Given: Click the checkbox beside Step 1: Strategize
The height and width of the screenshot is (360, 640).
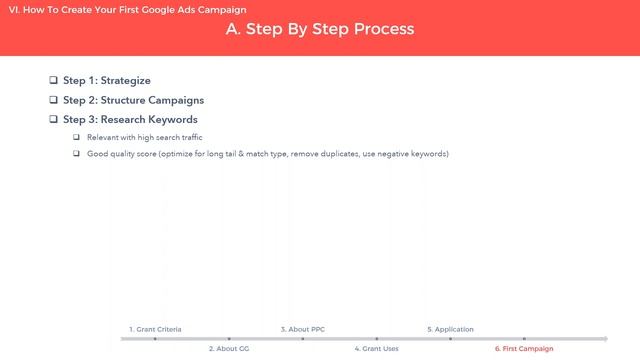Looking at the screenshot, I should pos(54,80).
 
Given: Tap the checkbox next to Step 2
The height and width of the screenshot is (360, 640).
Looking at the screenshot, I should pos(54,100).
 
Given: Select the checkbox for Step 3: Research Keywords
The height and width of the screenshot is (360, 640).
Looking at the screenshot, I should pos(54,120).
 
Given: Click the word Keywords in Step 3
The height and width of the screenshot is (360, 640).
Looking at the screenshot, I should pos(169,120).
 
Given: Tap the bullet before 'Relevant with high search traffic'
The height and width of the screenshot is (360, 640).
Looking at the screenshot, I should pos(76,137).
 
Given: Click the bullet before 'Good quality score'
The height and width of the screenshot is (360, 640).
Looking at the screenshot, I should pos(76,154).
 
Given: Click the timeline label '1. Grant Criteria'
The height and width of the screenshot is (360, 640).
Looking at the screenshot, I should pos(155,329).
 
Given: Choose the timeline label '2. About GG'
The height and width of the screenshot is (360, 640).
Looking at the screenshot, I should pos(229,349).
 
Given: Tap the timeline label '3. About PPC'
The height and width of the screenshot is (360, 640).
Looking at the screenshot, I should pos(302,329).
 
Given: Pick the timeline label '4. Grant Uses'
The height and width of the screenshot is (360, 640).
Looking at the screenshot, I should pos(377,349).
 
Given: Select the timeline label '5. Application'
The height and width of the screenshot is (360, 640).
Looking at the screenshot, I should pos(450,329).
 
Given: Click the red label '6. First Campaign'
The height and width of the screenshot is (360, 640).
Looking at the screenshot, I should pos(524,349).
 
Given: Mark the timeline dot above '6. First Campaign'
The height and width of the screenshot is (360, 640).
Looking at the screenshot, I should pos(524,339).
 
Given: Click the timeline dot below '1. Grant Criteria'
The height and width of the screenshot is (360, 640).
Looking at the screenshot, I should pos(155,339).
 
